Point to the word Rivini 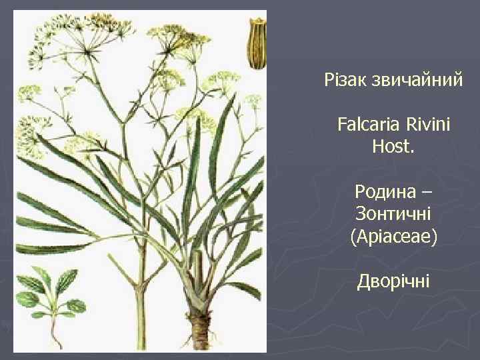(x=426, y=125)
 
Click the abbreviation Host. (x=393, y=146)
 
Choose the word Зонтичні (x=393, y=214)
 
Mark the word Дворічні (x=393, y=281)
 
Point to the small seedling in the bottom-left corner (x=51, y=297)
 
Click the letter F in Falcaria (x=342, y=125)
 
